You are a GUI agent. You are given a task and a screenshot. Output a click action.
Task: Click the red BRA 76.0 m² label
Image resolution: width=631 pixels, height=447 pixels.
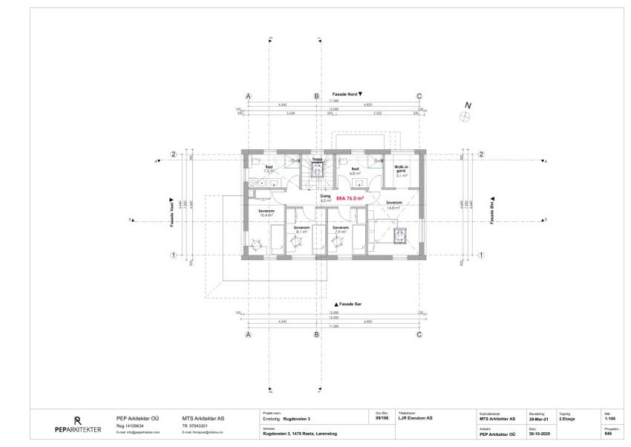coord(350,198)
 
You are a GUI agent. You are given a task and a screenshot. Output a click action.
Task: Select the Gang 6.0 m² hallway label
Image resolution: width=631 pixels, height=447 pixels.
coord(324,199)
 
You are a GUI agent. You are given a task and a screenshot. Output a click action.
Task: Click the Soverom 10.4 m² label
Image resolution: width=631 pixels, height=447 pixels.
coord(266,212)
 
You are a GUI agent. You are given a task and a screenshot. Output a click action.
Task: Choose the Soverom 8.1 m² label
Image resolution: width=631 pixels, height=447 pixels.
coord(301,229)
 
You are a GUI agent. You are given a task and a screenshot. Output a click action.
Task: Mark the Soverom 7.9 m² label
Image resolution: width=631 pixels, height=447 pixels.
coord(340,229)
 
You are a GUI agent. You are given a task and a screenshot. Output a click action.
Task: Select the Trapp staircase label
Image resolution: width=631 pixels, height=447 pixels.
coord(316,159)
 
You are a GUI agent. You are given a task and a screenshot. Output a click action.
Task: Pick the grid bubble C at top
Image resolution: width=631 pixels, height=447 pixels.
coord(419,97)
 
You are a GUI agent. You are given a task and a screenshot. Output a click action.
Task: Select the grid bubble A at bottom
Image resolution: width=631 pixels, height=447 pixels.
coord(249,335)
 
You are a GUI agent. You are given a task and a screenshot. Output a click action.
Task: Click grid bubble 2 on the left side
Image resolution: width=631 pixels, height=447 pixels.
coord(173,154)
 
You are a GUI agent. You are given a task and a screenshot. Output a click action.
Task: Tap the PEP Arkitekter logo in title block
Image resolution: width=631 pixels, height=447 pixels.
coord(77,423)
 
